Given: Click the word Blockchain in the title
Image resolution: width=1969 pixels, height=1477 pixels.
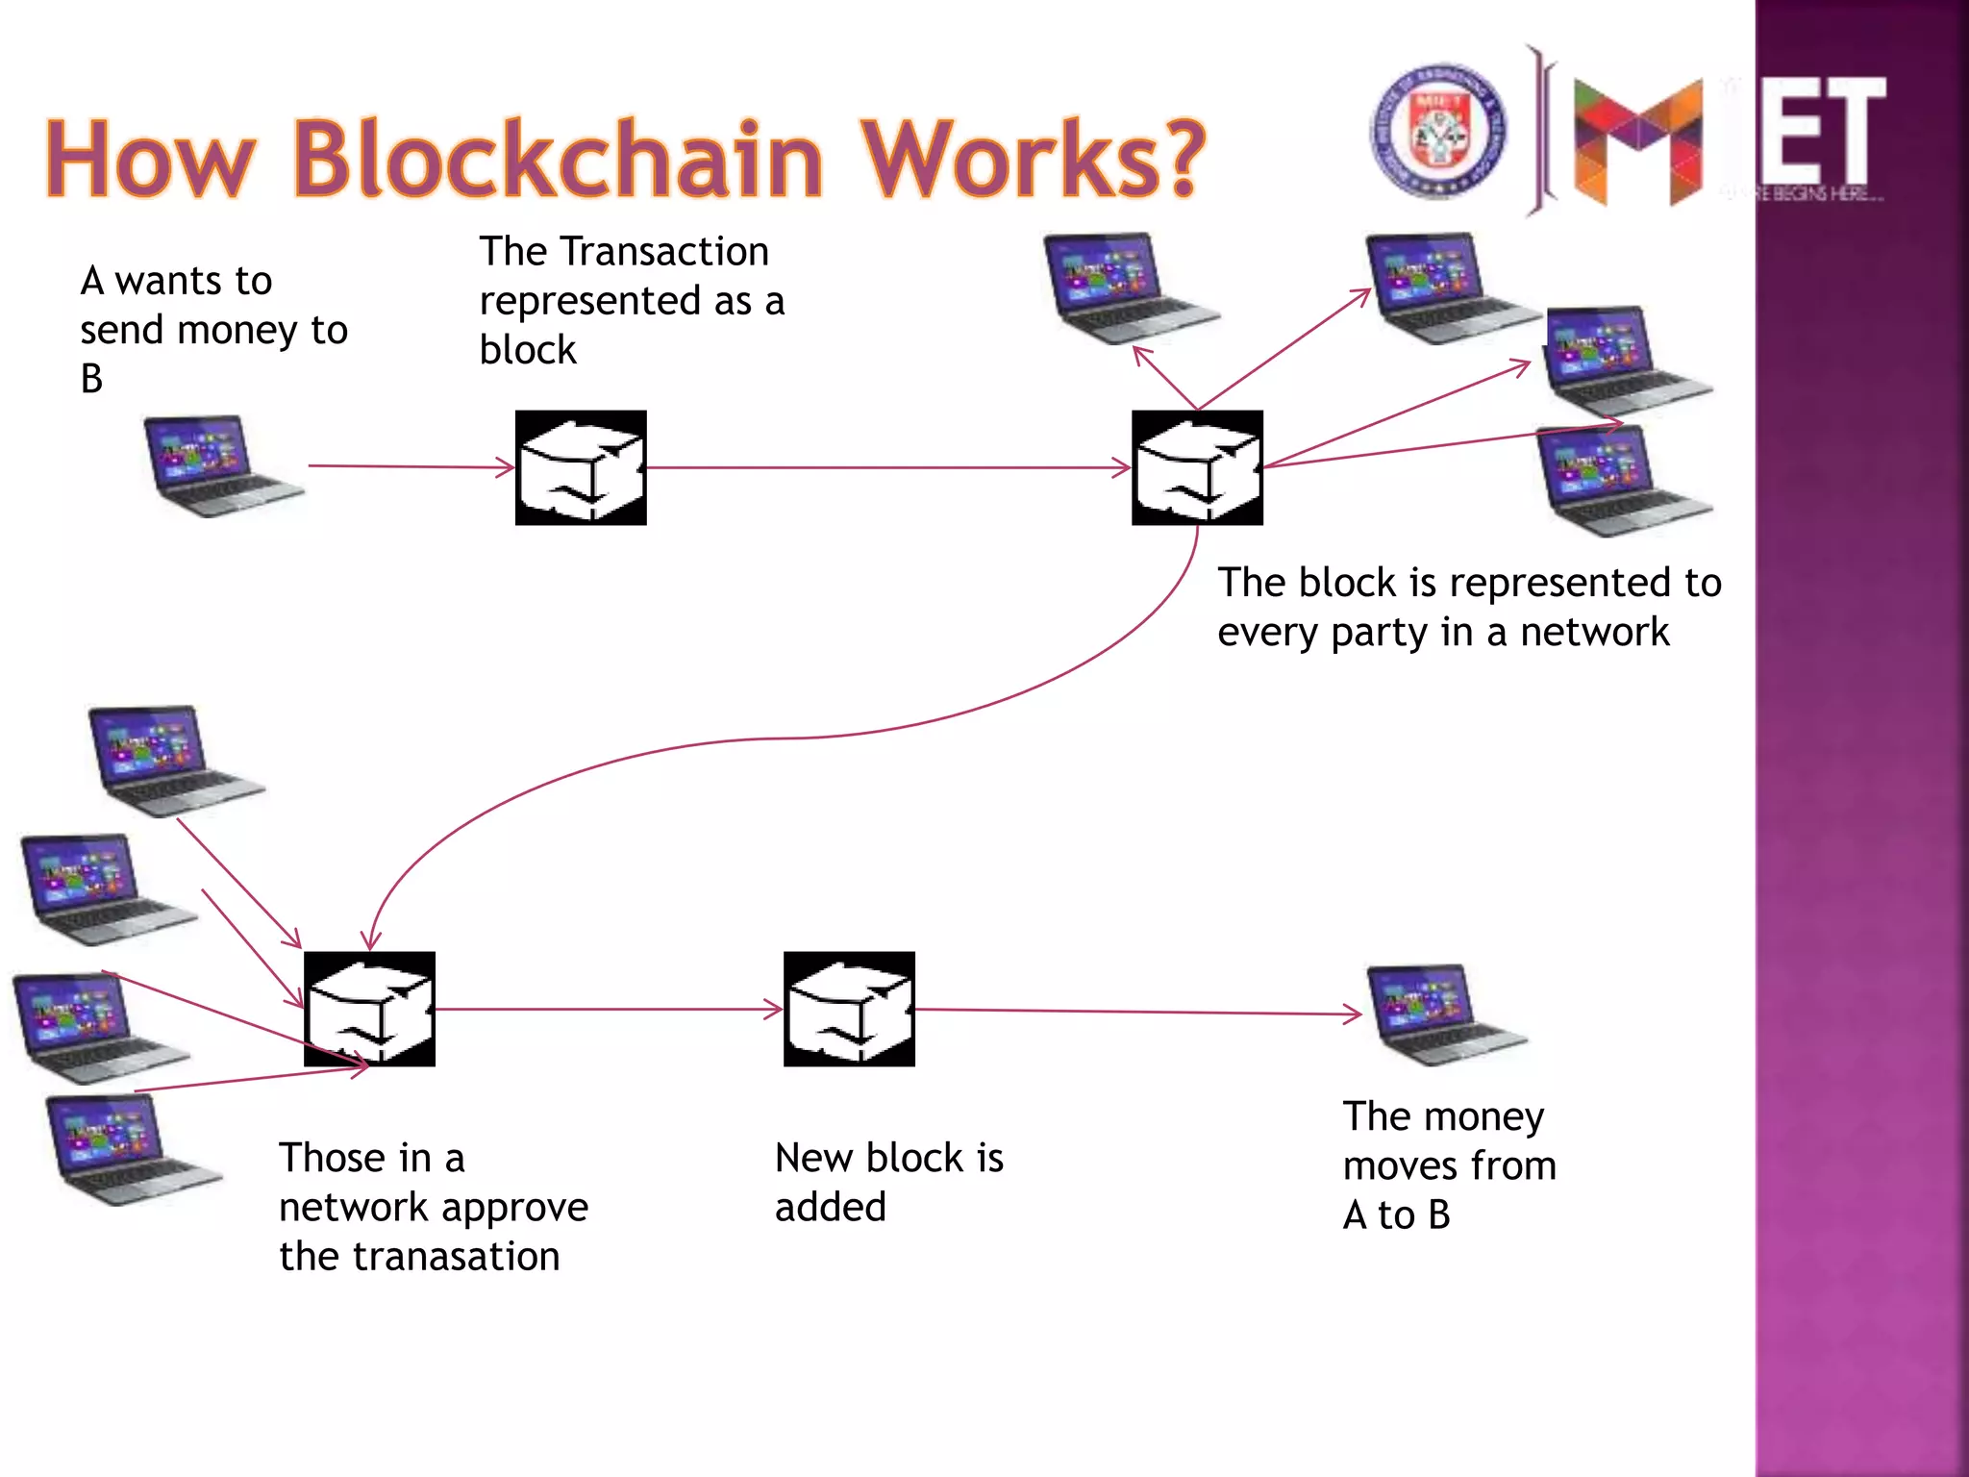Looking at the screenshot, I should point(558,159).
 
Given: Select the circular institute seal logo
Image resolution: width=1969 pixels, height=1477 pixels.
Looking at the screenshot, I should point(1437,132).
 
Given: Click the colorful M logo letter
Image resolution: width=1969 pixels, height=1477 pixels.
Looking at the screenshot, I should point(1637,141).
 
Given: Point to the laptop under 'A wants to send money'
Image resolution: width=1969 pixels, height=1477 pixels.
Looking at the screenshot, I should point(222,466).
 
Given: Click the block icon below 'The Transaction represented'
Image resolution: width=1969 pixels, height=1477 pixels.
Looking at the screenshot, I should point(581,468).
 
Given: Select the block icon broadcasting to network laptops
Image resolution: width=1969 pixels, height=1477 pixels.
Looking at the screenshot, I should point(1197,468).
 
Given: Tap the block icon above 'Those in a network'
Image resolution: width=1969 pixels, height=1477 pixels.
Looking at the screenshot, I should point(369,1009).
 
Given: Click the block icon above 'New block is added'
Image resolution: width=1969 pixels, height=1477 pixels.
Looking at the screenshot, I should point(849,1009).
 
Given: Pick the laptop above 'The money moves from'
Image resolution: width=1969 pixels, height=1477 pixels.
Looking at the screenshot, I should point(1442,1014).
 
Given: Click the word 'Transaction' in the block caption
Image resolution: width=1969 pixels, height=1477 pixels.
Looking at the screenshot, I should point(664,252).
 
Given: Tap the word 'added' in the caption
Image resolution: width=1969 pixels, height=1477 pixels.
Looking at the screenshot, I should point(830,1208).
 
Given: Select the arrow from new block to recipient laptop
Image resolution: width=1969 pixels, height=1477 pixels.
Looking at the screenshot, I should point(1134,1012).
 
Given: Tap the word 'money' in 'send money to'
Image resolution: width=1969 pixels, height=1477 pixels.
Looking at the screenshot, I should point(237,331).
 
